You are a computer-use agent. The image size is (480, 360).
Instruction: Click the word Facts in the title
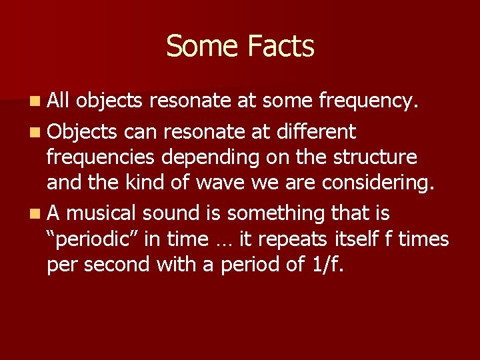280,47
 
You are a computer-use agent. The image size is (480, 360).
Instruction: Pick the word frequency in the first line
367,101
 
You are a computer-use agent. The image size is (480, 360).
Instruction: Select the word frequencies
98,158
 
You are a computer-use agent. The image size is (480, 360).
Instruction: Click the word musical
102,213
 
